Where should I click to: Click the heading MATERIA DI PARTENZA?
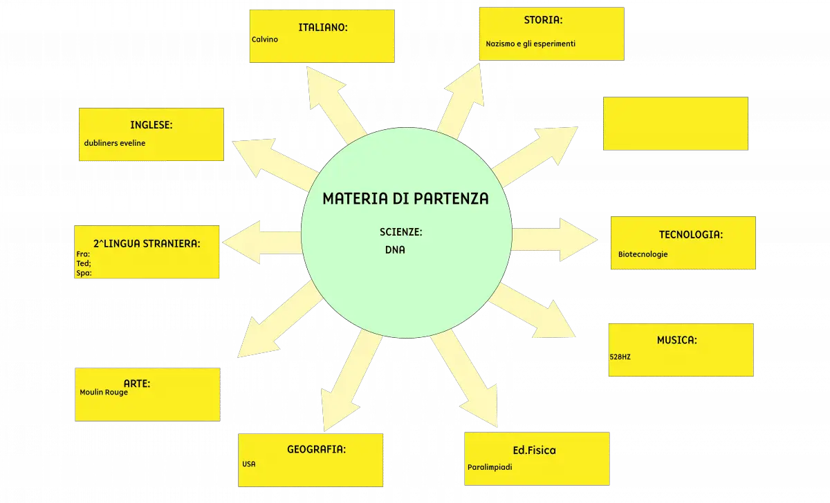click(405, 199)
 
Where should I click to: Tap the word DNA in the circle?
click(395, 250)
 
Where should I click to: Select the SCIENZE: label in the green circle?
click(401, 232)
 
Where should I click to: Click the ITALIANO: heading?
click(323, 28)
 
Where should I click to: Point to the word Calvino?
click(264, 39)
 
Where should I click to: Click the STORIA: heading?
click(543, 20)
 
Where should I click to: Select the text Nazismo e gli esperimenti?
click(531, 44)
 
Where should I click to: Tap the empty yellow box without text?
click(676, 124)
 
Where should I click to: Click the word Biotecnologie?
click(643, 254)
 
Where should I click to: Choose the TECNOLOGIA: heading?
click(691, 235)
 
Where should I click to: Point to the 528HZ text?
click(620, 357)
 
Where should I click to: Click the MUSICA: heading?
click(677, 340)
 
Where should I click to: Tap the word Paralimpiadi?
click(490, 467)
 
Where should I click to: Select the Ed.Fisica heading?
click(534, 450)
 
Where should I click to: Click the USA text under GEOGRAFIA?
click(248, 464)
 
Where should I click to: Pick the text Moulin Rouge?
click(104, 392)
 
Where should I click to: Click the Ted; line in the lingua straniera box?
click(84, 263)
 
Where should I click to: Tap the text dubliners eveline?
click(115, 143)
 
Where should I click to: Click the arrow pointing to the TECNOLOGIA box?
click(554, 240)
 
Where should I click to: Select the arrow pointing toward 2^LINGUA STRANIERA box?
click(261, 243)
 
